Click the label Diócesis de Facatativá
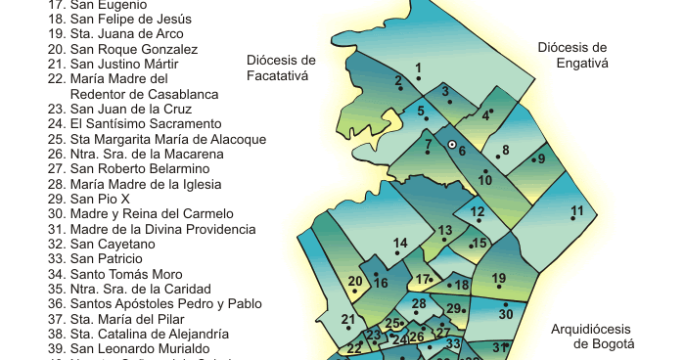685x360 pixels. point(281,67)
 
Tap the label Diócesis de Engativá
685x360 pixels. point(572,55)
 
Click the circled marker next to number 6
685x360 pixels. point(452,145)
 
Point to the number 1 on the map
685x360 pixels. point(418,67)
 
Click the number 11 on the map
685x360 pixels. point(577,210)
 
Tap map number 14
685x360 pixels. point(400,243)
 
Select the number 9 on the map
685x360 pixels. point(539,159)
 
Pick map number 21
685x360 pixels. point(347,319)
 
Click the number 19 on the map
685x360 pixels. point(499,279)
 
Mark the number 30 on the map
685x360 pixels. point(506,314)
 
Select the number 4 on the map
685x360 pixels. point(485,114)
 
